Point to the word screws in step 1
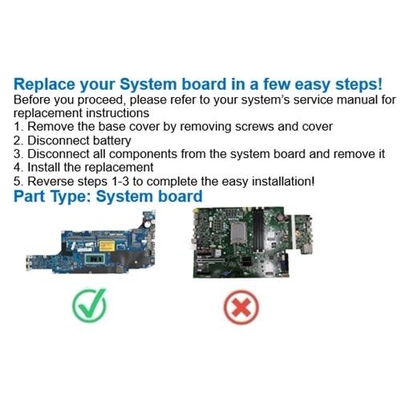[265, 127]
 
